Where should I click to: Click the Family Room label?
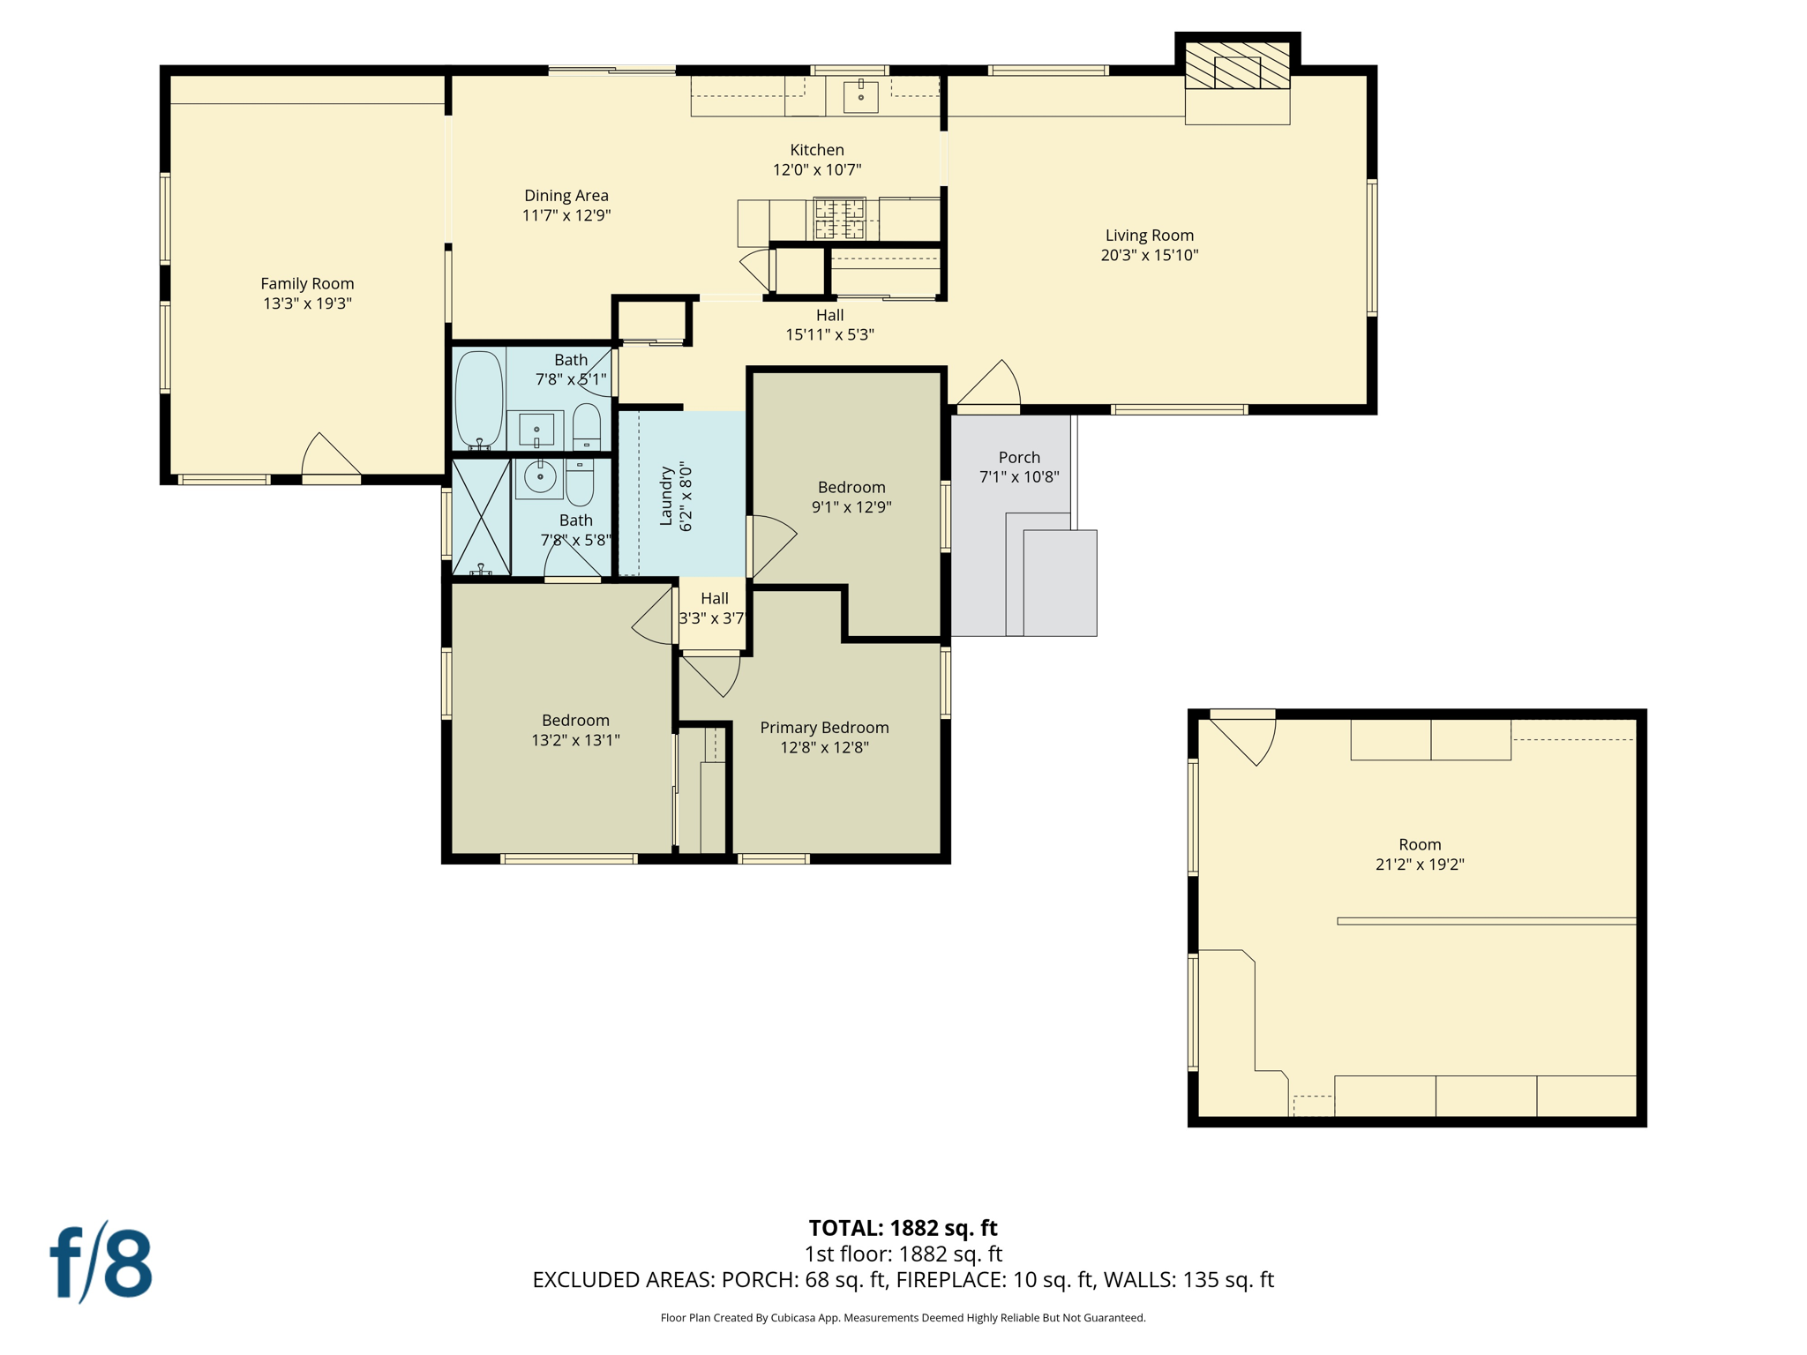(x=307, y=283)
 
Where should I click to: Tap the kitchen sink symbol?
(x=860, y=95)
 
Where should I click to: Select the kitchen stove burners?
(x=838, y=219)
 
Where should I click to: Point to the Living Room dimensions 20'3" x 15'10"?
(x=1149, y=256)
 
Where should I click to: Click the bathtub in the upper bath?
(x=478, y=400)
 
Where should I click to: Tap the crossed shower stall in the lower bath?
(x=481, y=517)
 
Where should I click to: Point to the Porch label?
(x=1019, y=457)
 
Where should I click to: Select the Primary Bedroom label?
(x=824, y=728)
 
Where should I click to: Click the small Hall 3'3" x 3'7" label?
(x=713, y=609)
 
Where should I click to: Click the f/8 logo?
(x=101, y=1263)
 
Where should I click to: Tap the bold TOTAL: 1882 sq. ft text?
(x=903, y=1228)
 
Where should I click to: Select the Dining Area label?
(x=566, y=196)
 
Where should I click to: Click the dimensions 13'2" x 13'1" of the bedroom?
(x=575, y=741)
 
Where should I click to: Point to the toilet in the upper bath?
(x=587, y=427)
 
